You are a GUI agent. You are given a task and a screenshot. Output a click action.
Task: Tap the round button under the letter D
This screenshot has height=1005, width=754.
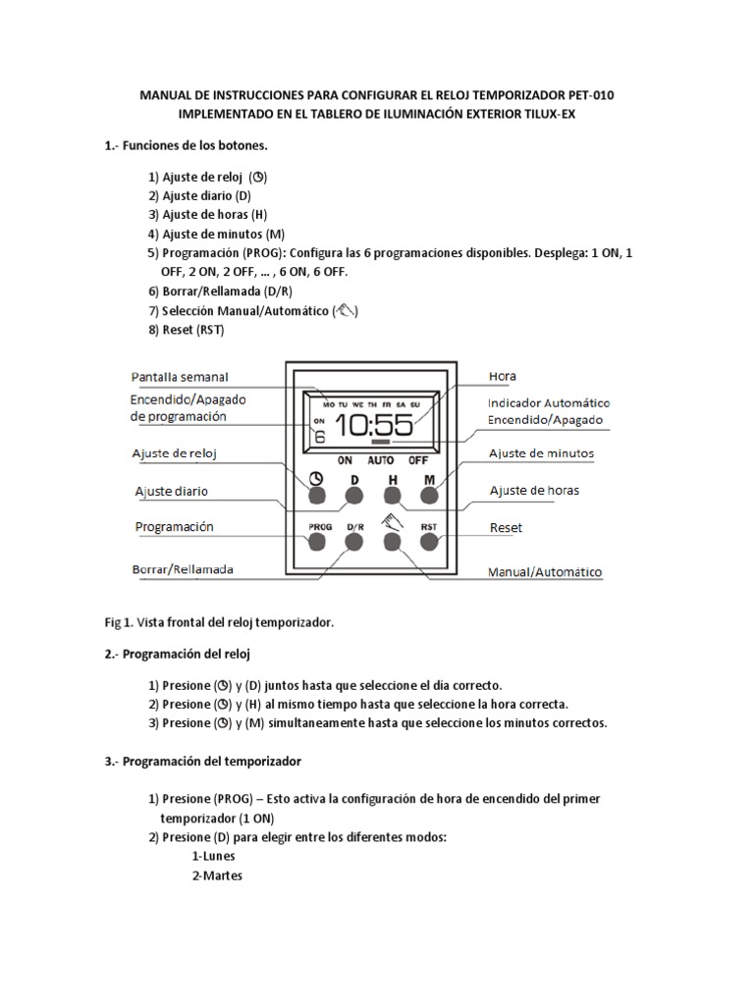tap(353, 497)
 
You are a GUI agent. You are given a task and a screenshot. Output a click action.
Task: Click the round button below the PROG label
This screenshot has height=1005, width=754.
tap(315, 540)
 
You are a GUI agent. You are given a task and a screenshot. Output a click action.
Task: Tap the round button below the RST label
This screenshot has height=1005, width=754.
tap(428, 540)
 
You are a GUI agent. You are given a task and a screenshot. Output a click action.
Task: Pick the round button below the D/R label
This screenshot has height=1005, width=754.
tap(353, 540)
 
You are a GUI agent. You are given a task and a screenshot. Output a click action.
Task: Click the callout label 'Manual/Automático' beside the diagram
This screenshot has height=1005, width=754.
tap(546, 571)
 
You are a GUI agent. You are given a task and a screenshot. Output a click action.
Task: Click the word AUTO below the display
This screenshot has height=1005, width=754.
tap(381, 459)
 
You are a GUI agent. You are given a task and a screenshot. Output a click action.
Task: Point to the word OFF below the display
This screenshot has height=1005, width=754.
tap(418, 459)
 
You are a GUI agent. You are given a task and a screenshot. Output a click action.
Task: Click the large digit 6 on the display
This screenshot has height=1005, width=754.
tap(319, 437)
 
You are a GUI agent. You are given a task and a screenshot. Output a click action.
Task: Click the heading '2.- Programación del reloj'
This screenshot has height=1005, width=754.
tap(184, 653)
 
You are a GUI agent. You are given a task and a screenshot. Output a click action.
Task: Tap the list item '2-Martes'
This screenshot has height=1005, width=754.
tap(217, 874)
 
